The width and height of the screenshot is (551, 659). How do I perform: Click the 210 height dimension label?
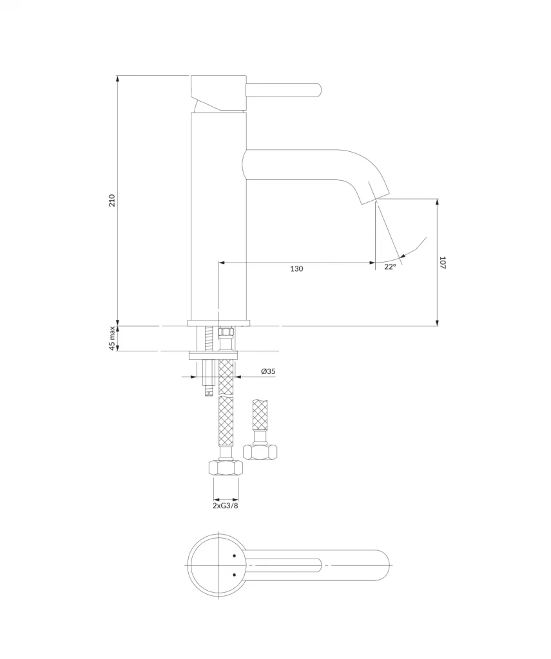click(x=112, y=201)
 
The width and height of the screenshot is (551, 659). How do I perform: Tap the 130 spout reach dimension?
click(x=296, y=269)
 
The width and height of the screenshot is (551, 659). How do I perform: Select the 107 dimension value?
click(x=442, y=263)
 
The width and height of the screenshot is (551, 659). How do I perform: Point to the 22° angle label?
click(x=390, y=266)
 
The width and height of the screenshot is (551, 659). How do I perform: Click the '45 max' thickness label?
click(x=112, y=339)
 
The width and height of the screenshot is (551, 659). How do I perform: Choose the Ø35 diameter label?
click(x=268, y=371)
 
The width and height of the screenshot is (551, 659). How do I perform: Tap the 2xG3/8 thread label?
click(x=225, y=506)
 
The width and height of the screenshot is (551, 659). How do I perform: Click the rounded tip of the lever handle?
click(x=319, y=90)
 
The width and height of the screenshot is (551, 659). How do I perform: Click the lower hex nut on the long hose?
click(x=226, y=469)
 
